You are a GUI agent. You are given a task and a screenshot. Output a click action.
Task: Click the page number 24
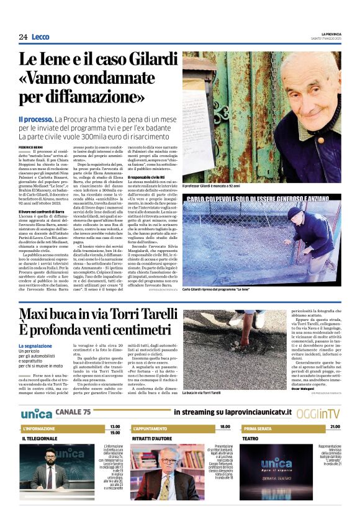[23, 37]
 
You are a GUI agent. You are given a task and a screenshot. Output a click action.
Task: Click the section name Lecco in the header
[40, 37]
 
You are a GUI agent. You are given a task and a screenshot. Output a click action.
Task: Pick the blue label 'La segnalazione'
[35, 346]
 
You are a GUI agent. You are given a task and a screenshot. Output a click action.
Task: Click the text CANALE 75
[73, 412]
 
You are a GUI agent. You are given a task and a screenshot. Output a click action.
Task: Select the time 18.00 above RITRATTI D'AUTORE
[224, 426]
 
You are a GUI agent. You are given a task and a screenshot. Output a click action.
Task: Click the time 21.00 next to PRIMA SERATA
[335, 426]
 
